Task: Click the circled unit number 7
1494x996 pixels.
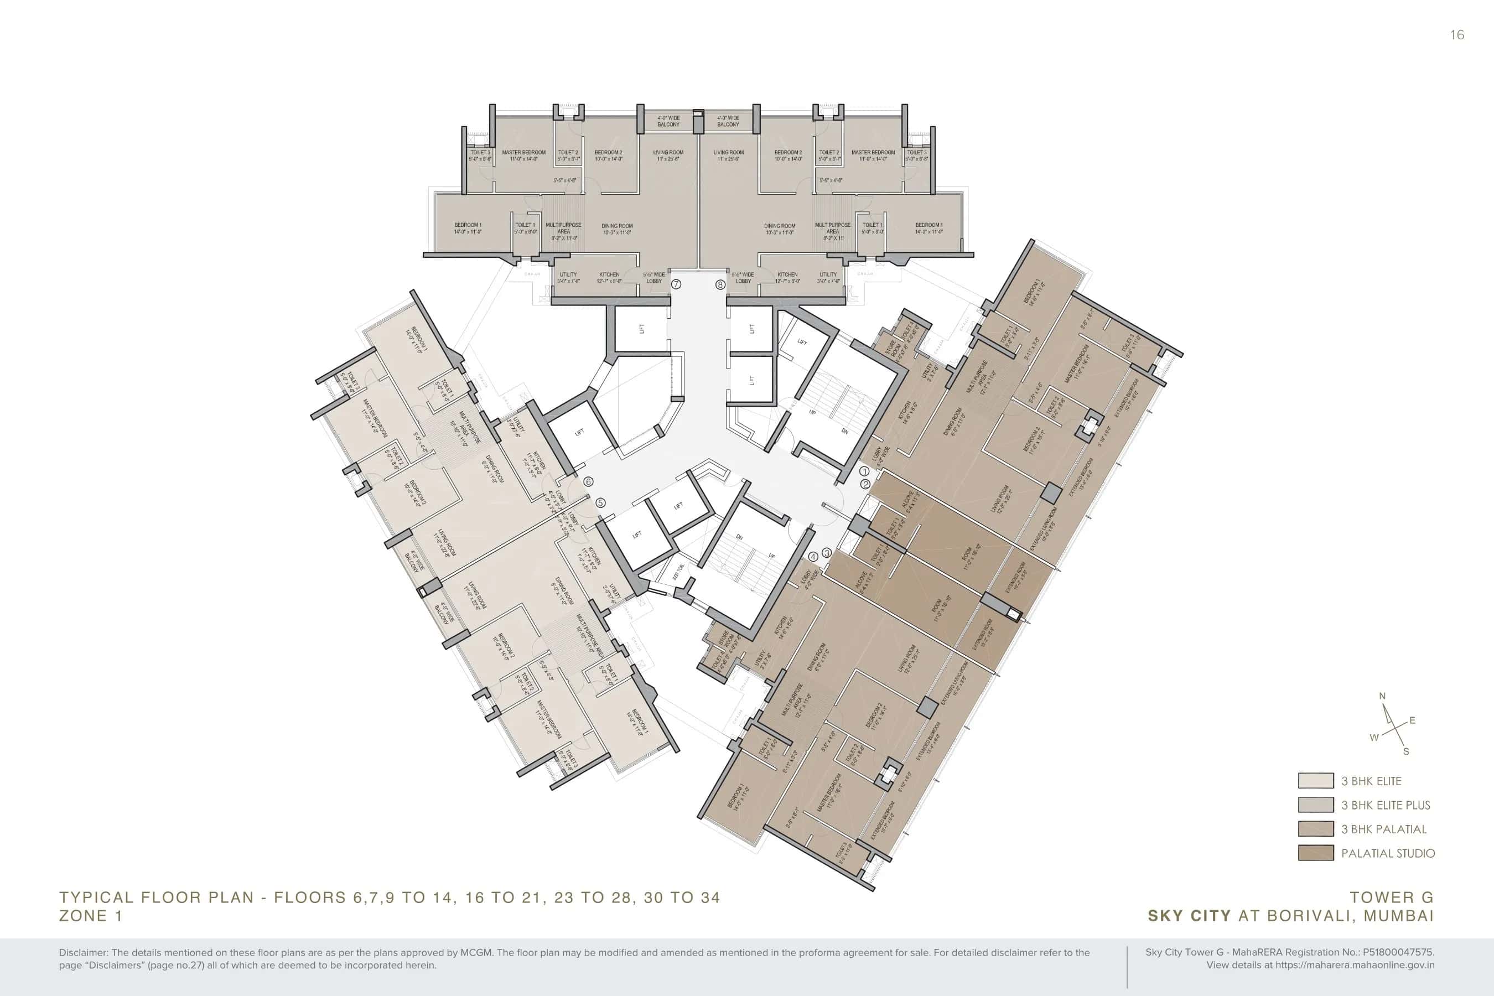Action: (677, 284)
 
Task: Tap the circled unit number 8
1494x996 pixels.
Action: (720, 284)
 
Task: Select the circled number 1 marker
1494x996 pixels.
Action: (864, 471)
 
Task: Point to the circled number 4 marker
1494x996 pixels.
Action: (813, 557)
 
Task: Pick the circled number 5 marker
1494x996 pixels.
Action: (600, 502)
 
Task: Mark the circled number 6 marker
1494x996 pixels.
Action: (588, 481)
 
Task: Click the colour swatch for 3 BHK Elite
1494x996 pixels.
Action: (1315, 781)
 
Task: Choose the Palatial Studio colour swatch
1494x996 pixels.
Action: (1315, 853)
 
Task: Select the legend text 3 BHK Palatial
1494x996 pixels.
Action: (1383, 829)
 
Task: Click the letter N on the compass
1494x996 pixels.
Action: (1382, 696)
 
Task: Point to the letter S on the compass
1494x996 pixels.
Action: (1405, 751)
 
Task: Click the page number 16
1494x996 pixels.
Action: (1457, 35)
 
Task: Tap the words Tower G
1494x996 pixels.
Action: (1391, 898)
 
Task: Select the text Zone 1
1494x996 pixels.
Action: (90, 915)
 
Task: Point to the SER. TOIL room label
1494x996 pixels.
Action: (678, 572)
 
